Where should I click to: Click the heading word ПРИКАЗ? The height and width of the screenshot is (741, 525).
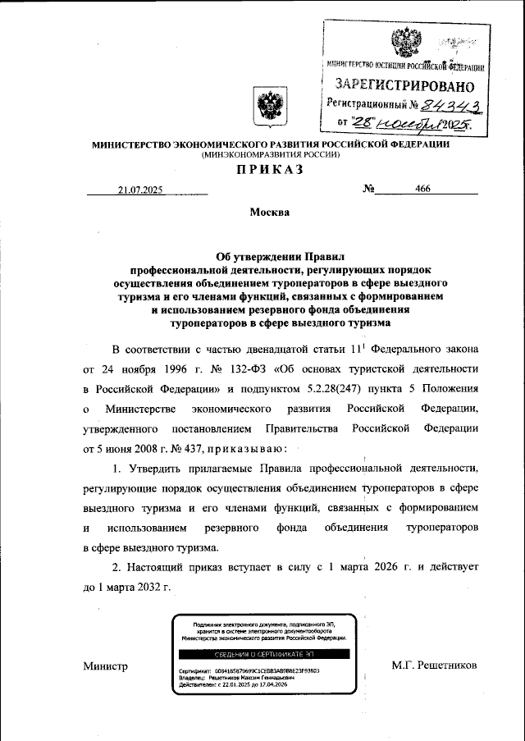pos(270,170)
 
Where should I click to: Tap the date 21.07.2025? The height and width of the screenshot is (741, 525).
pos(140,190)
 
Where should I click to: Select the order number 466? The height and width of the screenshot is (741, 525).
pos(423,189)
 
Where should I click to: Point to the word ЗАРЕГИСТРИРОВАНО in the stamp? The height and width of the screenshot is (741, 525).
pos(404,85)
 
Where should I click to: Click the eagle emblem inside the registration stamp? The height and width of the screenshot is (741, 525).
pos(404,40)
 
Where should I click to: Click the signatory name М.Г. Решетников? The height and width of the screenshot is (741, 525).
pos(434,666)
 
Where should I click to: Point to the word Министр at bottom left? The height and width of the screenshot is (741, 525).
pos(106,666)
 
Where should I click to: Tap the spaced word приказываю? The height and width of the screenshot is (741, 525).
pos(244,449)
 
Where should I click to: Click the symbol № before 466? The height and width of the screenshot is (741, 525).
pos(368,189)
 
